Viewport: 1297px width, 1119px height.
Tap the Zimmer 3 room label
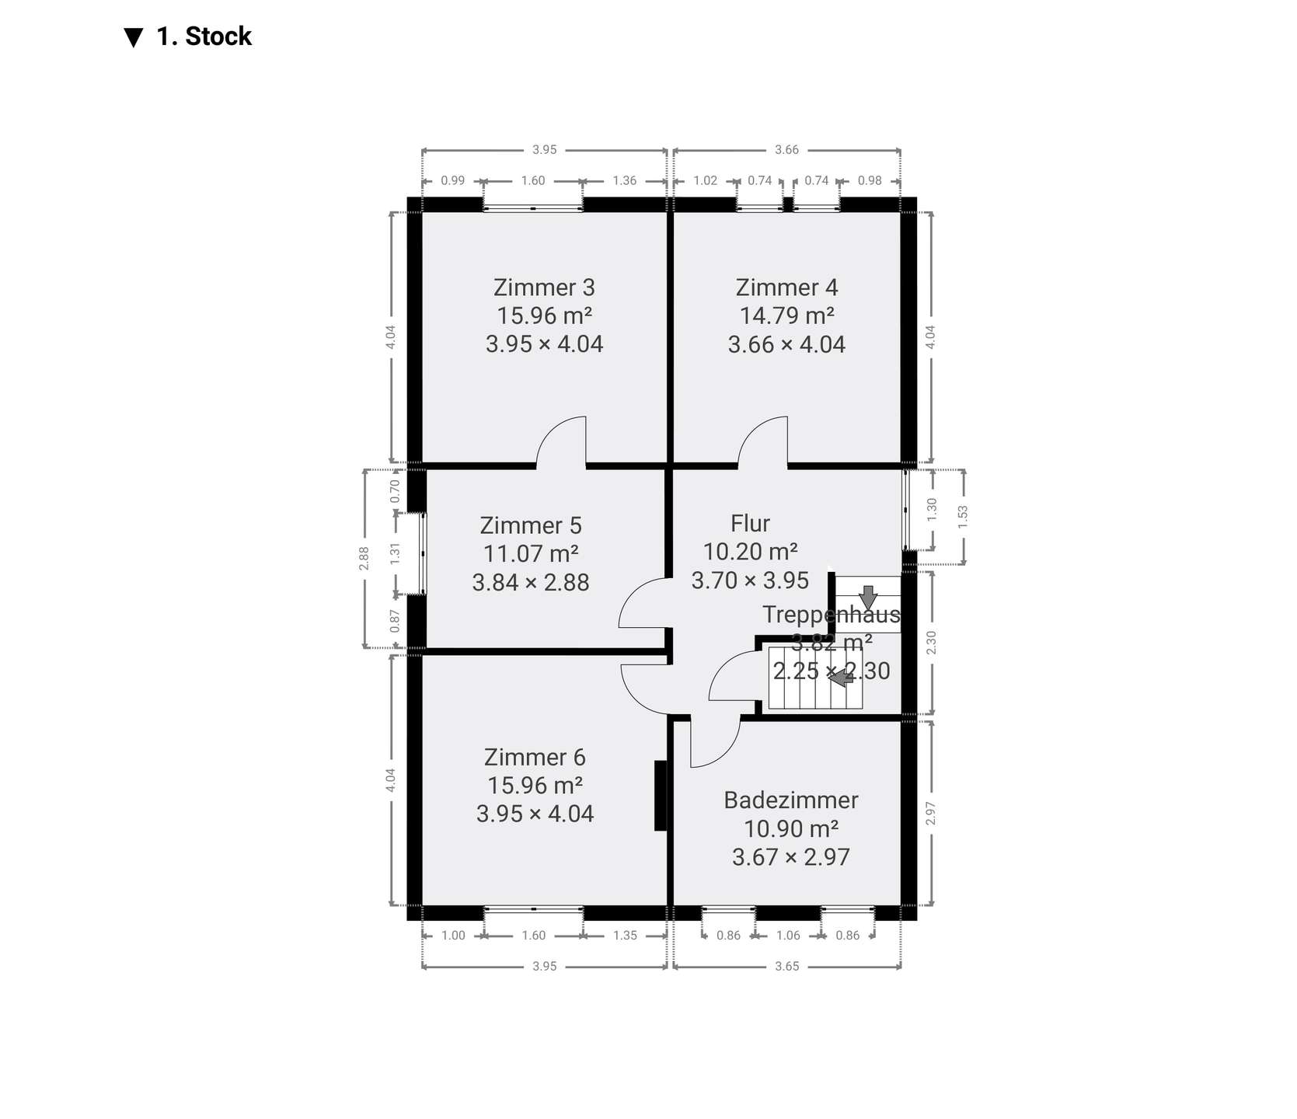point(544,288)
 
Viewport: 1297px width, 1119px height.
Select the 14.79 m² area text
point(786,315)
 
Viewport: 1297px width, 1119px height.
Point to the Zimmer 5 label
point(531,525)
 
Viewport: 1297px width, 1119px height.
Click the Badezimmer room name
point(791,800)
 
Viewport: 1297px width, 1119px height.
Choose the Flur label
point(750,523)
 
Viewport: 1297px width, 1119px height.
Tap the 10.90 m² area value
point(791,828)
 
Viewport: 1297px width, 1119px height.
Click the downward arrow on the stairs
point(867,597)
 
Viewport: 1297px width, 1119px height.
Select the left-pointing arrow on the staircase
point(841,678)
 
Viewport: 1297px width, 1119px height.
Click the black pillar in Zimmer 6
point(661,796)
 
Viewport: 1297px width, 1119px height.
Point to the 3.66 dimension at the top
point(786,150)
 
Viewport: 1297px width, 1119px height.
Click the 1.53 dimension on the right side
point(963,518)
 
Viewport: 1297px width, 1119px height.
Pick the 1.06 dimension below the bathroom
point(788,936)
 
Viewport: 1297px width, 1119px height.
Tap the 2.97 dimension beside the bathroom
point(931,814)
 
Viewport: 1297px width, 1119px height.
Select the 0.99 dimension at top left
point(453,180)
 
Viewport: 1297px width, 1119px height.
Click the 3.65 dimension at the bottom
point(786,967)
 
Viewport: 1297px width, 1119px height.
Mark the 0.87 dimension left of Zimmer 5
point(395,620)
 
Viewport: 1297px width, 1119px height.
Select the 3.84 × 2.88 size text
point(531,582)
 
